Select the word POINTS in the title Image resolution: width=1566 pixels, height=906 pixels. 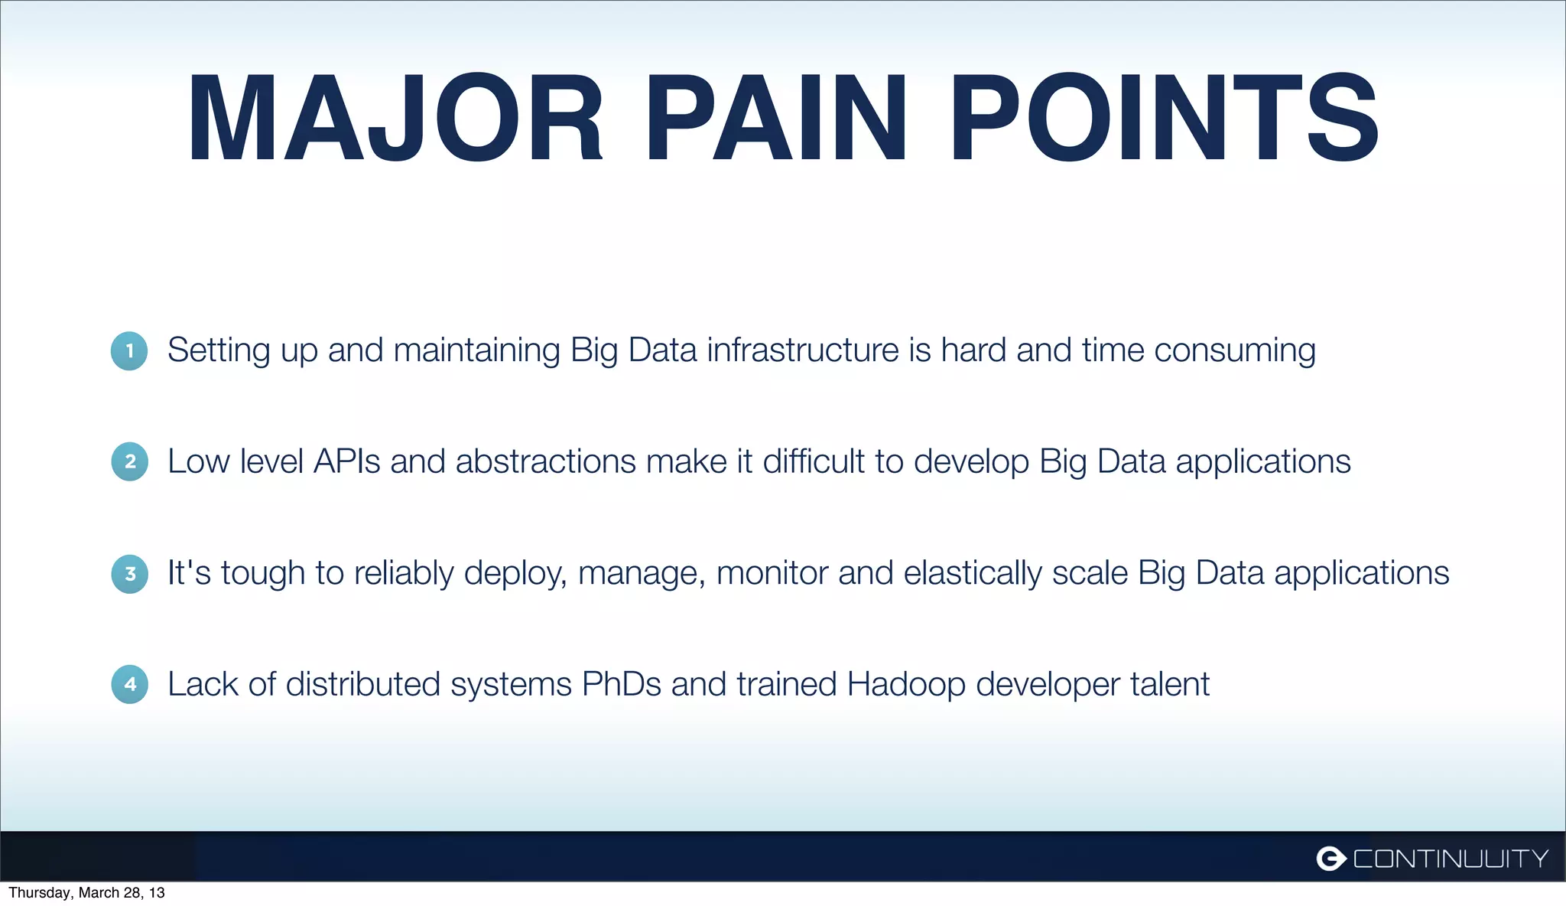pyautogui.click(x=1164, y=119)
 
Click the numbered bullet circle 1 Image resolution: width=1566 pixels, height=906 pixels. pyautogui.click(x=129, y=351)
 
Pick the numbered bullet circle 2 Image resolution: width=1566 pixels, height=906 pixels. pyautogui.click(x=129, y=461)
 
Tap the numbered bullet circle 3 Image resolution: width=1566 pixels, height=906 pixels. pyautogui.click(x=129, y=573)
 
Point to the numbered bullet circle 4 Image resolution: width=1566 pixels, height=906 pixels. pyautogui.click(x=129, y=684)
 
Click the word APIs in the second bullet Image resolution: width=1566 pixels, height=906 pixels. pyautogui.click(x=346, y=461)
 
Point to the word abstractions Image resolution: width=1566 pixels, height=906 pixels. pyautogui.click(x=545, y=461)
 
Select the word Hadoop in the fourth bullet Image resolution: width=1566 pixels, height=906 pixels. pyautogui.click(x=906, y=684)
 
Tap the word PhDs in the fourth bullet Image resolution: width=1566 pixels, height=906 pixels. pyautogui.click(x=621, y=684)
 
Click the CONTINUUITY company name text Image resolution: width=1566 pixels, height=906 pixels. pyautogui.click(x=1451, y=859)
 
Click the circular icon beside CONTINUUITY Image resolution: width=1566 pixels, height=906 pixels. pyautogui.click(x=1331, y=859)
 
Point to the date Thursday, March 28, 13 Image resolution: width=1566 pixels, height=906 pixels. pyautogui.click(x=86, y=893)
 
